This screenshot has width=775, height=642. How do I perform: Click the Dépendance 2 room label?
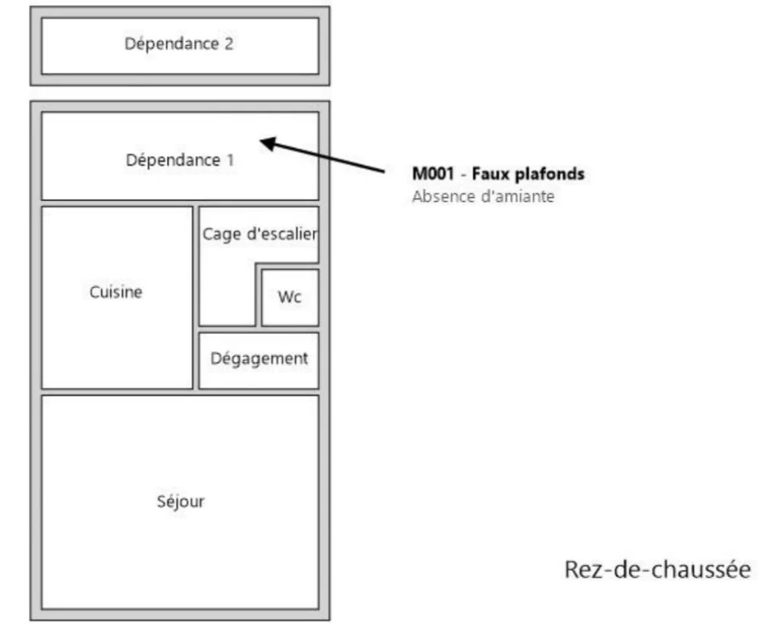coord(179,44)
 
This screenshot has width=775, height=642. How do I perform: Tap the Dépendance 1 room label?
coord(180,160)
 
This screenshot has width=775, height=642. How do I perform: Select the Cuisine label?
coord(116,292)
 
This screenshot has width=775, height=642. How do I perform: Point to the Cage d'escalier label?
coord(259,234)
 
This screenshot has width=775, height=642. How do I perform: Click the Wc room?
coord(290,297)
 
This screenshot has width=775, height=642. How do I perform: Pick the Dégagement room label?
coord(259,358)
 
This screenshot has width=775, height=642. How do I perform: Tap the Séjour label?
coord(180,501)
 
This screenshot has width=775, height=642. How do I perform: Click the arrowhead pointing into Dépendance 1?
coord(267,141)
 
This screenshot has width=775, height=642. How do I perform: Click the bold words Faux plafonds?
coord(528,174)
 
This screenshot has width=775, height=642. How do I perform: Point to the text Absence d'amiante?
coord(482,196)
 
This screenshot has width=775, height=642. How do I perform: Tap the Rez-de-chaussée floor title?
coord(657,569)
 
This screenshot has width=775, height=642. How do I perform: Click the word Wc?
coord(290,297)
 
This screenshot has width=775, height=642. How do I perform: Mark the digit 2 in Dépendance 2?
coord(229,44)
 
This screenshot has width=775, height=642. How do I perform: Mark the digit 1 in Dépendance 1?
coord(230,160)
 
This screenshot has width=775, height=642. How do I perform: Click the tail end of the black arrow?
coord(384,171)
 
